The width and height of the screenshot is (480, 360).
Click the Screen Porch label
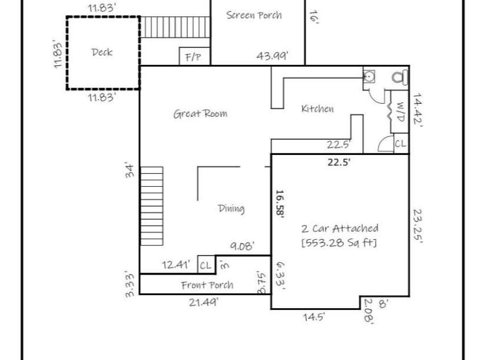click(254, 15)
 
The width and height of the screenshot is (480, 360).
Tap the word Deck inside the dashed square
click(102, 52)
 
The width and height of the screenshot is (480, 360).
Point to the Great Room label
click(200, 114)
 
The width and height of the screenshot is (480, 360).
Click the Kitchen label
click(317, 109)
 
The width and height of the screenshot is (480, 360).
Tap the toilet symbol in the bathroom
click(398, 76)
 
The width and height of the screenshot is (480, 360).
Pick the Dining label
click(231, 209)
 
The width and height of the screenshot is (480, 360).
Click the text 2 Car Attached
click(339, 228)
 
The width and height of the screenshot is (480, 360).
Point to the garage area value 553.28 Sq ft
click(339, 243)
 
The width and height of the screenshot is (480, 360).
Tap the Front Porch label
click(207, 285)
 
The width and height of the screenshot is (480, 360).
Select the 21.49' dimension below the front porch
click(203, 302)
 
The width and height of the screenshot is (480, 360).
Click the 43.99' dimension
click(272, 56)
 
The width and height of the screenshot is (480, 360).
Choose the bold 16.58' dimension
click(280, 203)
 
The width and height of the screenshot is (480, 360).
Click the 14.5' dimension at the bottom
click(314, 317)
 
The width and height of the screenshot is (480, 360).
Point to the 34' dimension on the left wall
click(130, 170)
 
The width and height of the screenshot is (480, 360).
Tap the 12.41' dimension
click(175, 264)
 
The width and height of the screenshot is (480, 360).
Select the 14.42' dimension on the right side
click(419, 113)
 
